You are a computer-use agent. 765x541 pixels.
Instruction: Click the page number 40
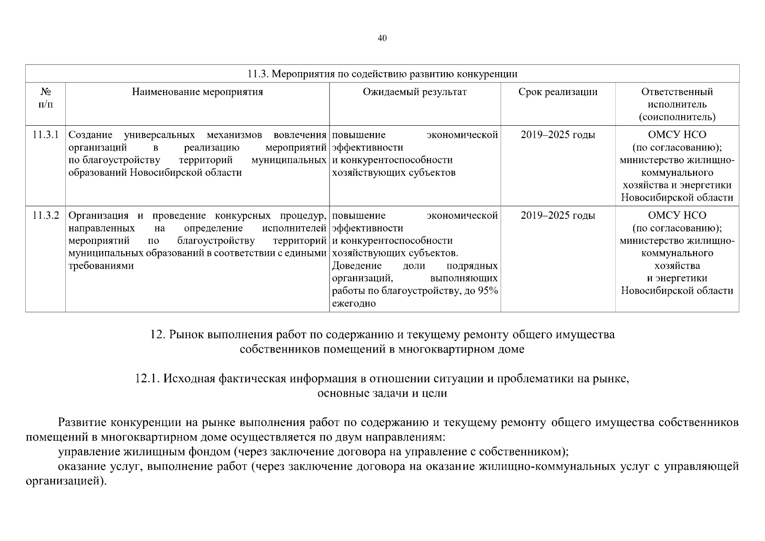point(382,38)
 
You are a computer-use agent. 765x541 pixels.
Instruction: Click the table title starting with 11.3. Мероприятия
point(382,74)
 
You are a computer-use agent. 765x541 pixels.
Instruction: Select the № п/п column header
point(46,98)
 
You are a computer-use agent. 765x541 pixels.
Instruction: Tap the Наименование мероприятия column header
point(197,92)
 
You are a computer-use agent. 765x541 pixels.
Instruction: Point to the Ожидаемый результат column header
point(415,92)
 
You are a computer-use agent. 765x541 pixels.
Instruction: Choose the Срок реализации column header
point(558,92)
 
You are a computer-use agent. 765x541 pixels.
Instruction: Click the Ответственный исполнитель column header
point(677,104)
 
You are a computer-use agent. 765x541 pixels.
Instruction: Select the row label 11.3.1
point(46,135)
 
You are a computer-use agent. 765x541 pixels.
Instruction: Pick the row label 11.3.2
point(46,215)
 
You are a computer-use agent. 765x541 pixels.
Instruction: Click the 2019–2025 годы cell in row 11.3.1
point(558,135)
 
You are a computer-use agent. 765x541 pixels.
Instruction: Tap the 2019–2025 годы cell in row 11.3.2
point(558,215)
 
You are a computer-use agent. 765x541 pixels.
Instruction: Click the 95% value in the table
point(488,291)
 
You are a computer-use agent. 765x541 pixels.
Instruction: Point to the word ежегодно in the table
point(354,303)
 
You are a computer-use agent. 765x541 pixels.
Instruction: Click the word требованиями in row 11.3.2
point(101,266)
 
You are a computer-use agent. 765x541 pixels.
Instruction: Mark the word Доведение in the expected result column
point(357,266)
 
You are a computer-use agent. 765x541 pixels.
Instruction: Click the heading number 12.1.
point(147,379)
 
